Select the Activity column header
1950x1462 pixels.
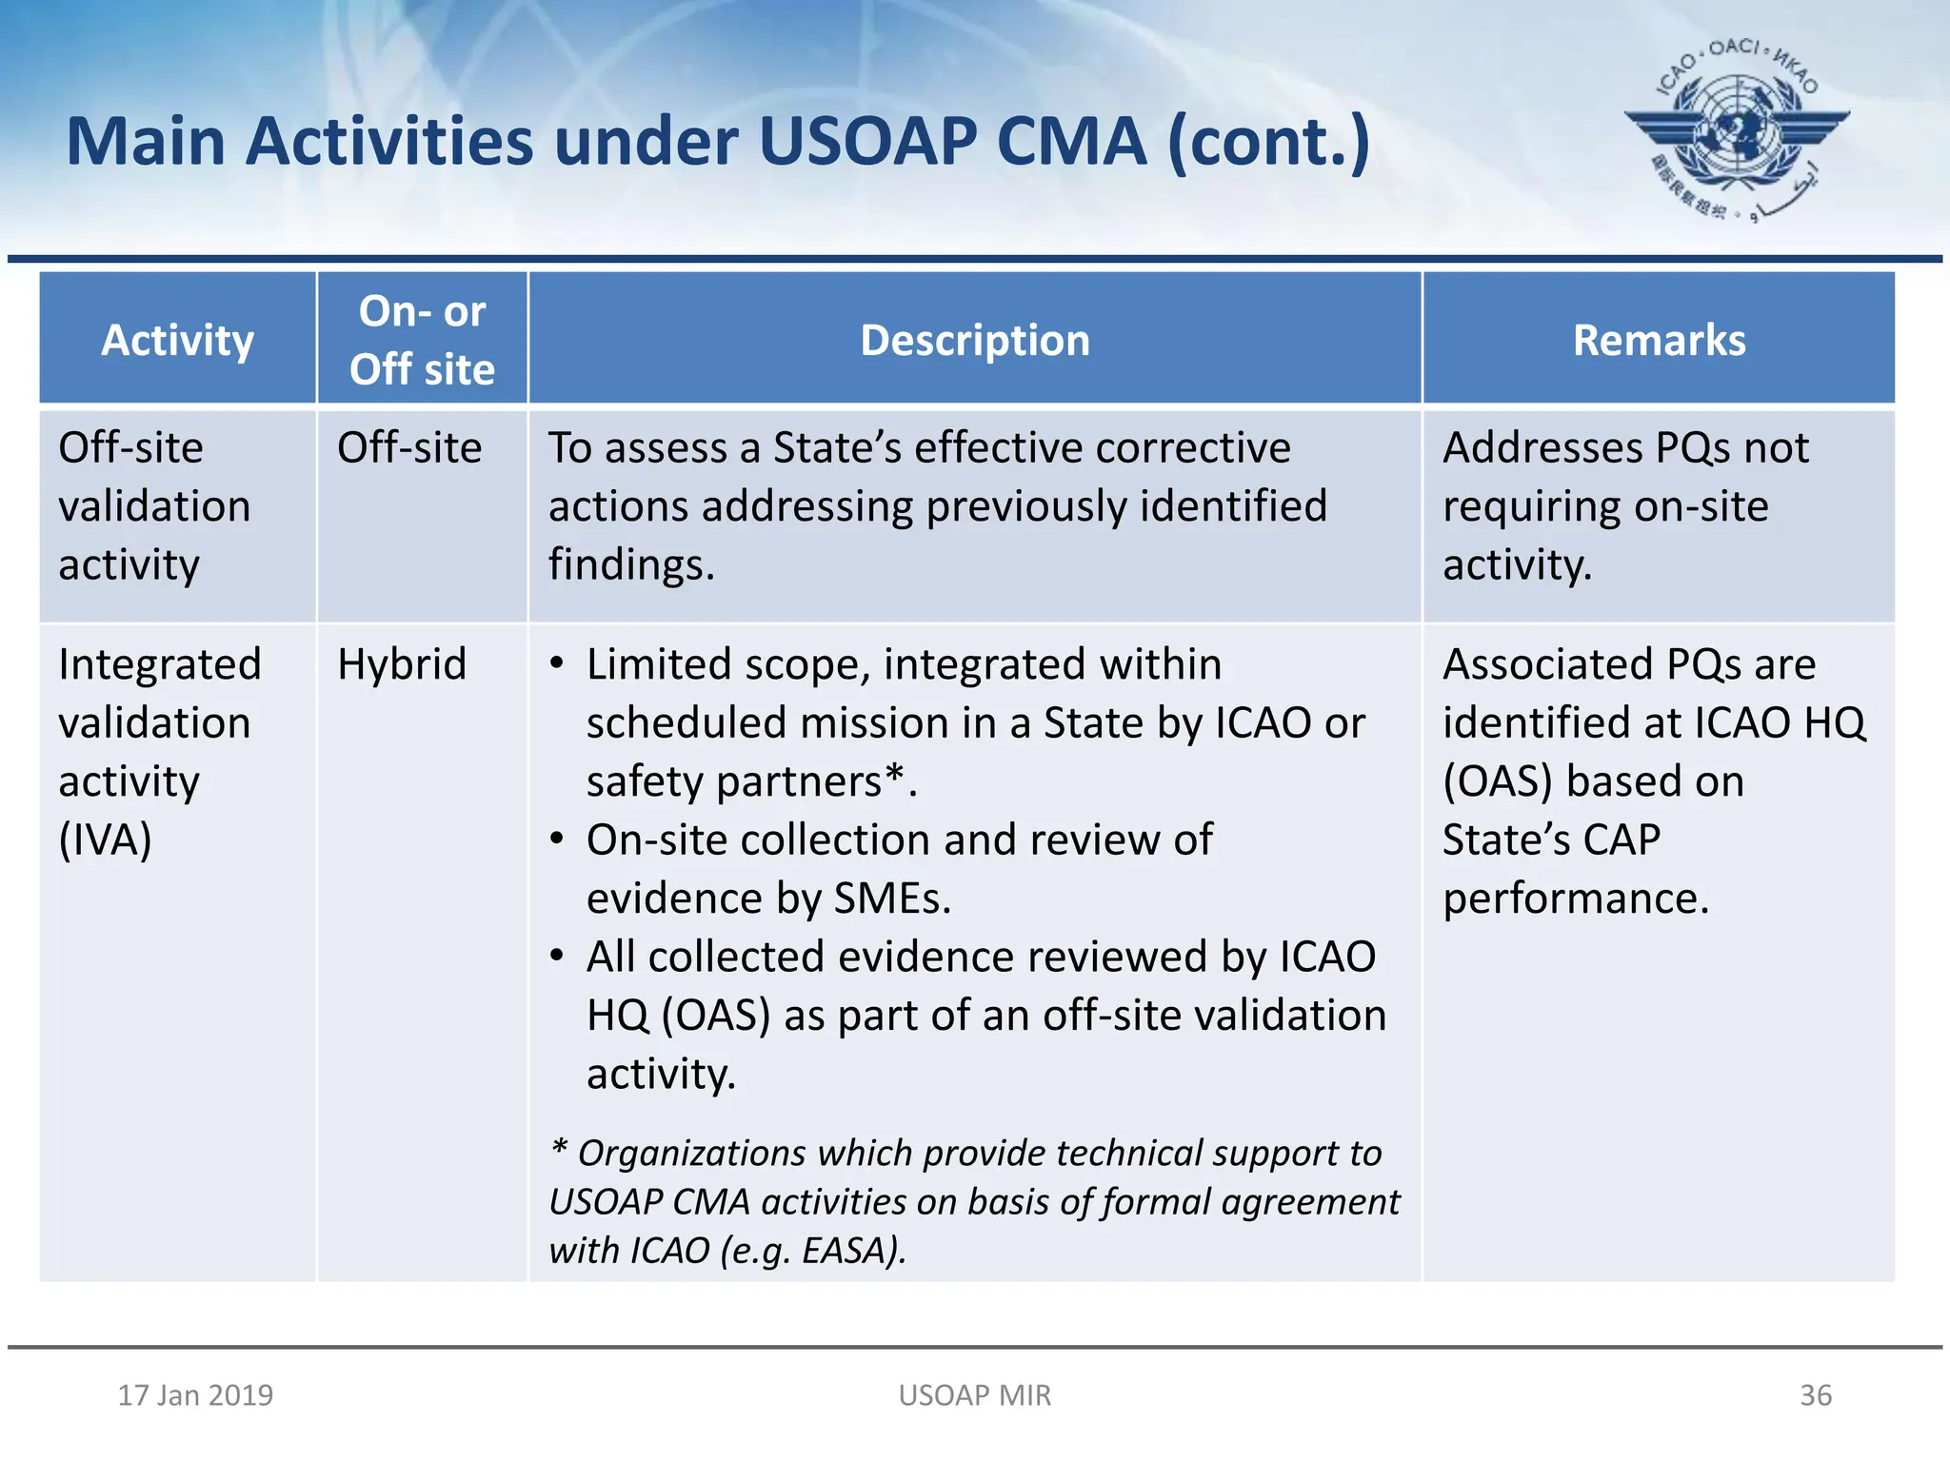click(x=177, y=340)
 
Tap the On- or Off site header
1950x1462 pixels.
click(x=422, y=340)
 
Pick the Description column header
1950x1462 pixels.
click(x=975, y=340)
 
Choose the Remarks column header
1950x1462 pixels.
click(x=1659, y=340)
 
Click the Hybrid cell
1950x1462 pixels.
click(x=402, y=664)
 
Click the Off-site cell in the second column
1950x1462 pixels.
click(x=409, y=447)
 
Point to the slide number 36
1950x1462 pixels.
click(x=1815, y=1394)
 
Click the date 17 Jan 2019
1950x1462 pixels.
click(x=195, y=1394)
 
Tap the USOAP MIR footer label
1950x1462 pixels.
click(x=975, y=1394)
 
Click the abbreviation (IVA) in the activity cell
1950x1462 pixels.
click(x=105, y=840)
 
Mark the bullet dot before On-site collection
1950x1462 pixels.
click(x=557, y=840)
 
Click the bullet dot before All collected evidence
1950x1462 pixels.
click(x=557, y=957)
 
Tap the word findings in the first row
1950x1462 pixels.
click(x=630, y=564)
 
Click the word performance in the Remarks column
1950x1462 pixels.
click(x=1575, y=899)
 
